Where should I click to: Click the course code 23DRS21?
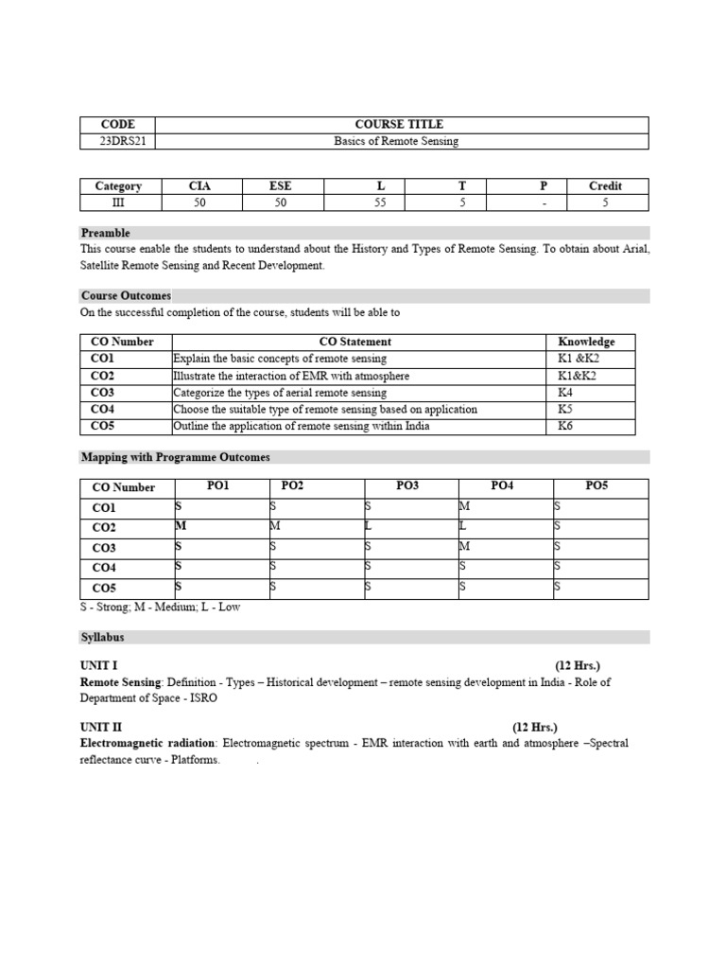coord(118,141)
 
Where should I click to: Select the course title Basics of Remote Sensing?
coord(396,141)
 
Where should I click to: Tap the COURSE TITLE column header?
coord(398,124)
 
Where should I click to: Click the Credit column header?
coord(605,185)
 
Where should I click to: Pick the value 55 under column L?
coord(380,202)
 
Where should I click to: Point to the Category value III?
coord(118,202)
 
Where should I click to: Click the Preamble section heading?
coord(106,233)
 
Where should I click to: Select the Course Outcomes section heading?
coord(126,296)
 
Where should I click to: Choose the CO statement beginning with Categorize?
coord(280,393)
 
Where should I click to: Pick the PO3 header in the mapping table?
coord(407,485)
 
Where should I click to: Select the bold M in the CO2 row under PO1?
coord(181,526)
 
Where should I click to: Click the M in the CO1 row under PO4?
coord(463,507)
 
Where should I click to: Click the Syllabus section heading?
coord(102,638)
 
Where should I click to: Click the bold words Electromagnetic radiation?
coord(149,744)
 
